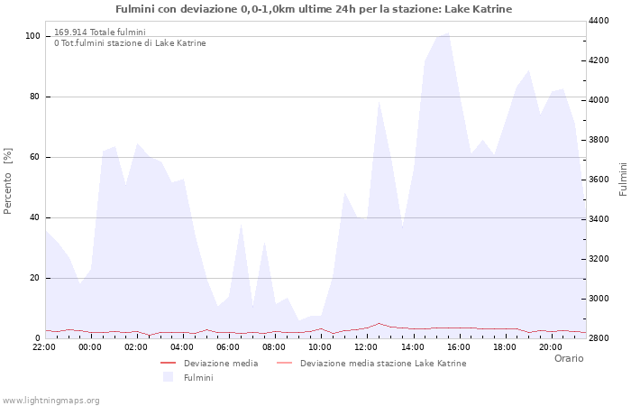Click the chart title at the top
point(314,9)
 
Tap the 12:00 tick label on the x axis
point(366,346)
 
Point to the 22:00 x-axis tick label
point(44,346)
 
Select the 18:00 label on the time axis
point(504,346)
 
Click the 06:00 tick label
point(228,346)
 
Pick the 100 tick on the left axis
point(32,36)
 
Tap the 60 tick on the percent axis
point(34,157)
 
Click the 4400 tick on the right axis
point(600,21)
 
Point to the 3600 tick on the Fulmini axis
point(600,180)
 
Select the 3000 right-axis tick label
point(600,299)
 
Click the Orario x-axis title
point(569,358)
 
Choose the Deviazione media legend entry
point(221,364)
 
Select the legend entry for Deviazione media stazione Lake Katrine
point(383,364)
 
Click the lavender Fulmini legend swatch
point(168,378)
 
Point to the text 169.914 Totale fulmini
point(100,32)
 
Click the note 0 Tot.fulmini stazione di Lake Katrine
point(130,43)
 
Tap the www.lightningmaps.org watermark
point(51,400)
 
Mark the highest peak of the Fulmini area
point(448,33)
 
